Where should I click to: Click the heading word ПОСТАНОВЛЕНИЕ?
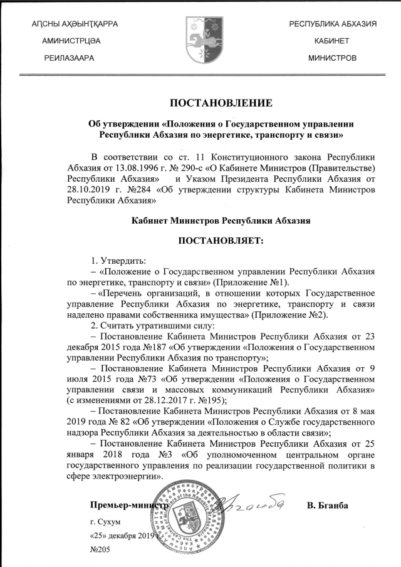tap(221, 103)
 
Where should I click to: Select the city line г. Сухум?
tap(105, 521)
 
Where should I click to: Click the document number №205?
tap(100, 549)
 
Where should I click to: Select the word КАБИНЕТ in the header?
tap(332, 41)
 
